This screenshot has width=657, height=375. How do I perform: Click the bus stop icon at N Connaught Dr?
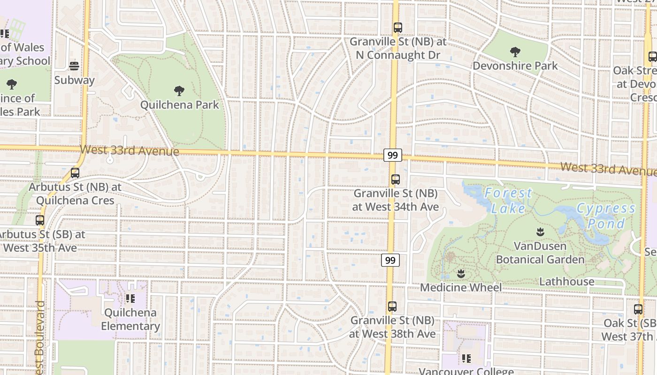click(x=397, y=28)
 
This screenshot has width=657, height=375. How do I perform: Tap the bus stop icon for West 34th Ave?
click(x=396, y=180)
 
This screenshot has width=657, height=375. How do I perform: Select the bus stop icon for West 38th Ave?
click(x=392, y=307)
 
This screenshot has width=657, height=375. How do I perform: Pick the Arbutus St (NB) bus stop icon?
click(x=75, y=173)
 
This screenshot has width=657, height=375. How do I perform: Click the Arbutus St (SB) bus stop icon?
click(x=40, y=220)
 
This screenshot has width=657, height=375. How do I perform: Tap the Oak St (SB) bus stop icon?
click(x=638, y=309)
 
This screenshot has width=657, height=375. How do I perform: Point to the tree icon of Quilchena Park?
click(x=179, y=91)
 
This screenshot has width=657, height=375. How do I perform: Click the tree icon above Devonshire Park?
click(x=515, y=52)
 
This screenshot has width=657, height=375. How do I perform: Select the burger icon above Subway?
click(x=74, y=66)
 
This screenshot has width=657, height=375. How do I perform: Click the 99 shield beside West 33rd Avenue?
click(x=392, y=155)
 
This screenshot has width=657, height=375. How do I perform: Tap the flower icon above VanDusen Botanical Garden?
click(x=540, y=232)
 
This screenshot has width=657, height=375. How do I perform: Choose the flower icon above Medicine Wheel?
click(x=461, y=273)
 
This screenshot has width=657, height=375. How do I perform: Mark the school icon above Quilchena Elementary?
click(x=130, y=298)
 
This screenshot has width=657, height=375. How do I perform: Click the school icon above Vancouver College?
click(x=466, y=359)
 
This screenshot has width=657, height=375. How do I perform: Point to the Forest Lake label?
click(x=508, y=200)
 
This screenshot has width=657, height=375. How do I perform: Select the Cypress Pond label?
click(x=606, y=216)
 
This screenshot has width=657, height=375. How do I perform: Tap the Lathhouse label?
click(x=567, y=282)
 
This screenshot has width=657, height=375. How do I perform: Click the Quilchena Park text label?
click(x=180, y=105)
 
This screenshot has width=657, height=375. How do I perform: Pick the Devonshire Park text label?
click(x=515, y=66)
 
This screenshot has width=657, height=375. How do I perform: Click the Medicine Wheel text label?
click(x=461, y=287)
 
